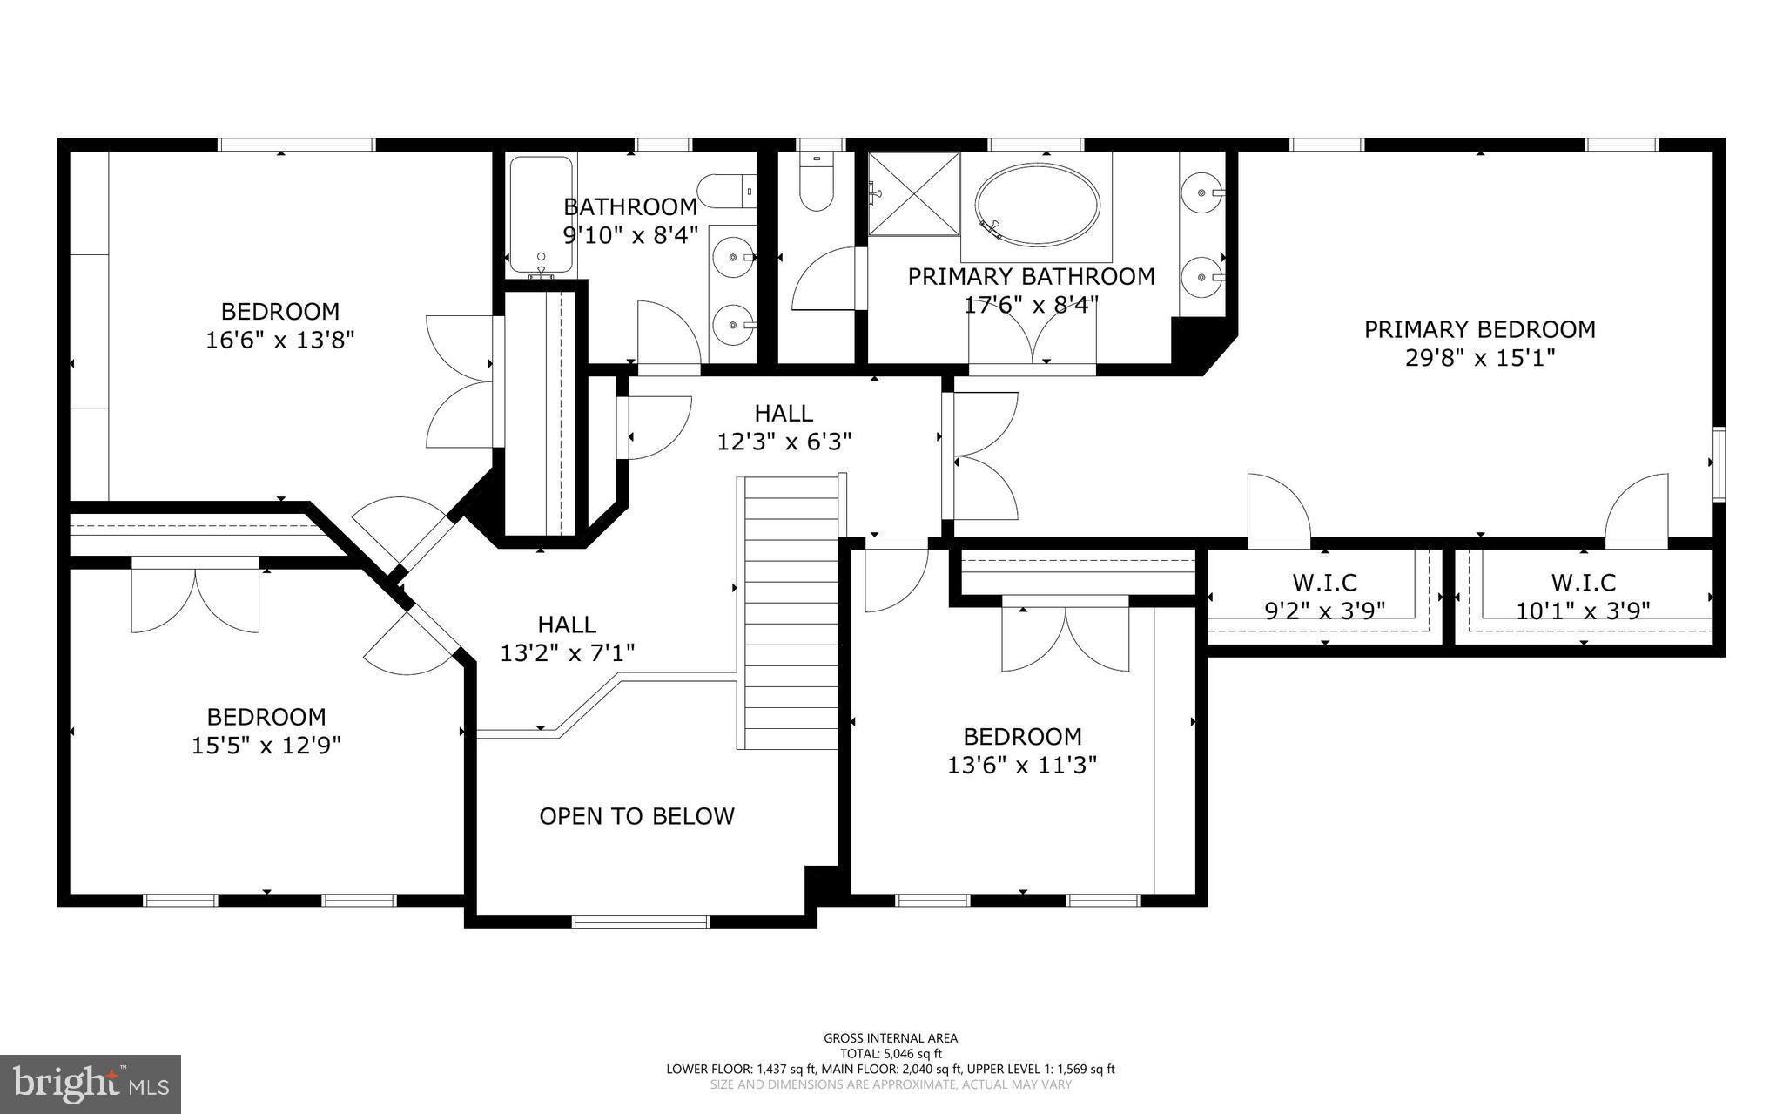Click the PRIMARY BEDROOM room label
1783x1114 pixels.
(x=1479, y=329)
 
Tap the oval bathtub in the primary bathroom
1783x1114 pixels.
(x=1036, y=205)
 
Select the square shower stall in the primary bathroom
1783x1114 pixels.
(x=913, y=193)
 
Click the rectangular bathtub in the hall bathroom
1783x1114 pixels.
(x=540, y=213)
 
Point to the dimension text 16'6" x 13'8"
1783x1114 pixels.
(x=279, y=340)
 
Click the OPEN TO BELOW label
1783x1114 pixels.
(x=636, y=816)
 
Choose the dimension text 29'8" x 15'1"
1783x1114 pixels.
(x=1479, y=358)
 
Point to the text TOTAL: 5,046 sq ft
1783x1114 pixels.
(x=891, y=1053)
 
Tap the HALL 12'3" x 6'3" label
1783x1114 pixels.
(x=784, y=427)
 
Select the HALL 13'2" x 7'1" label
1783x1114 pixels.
(x=567, y=638)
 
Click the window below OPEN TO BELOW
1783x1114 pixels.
(x=641, y=922)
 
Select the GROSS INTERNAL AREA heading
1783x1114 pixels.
(x=891, y=1037)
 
